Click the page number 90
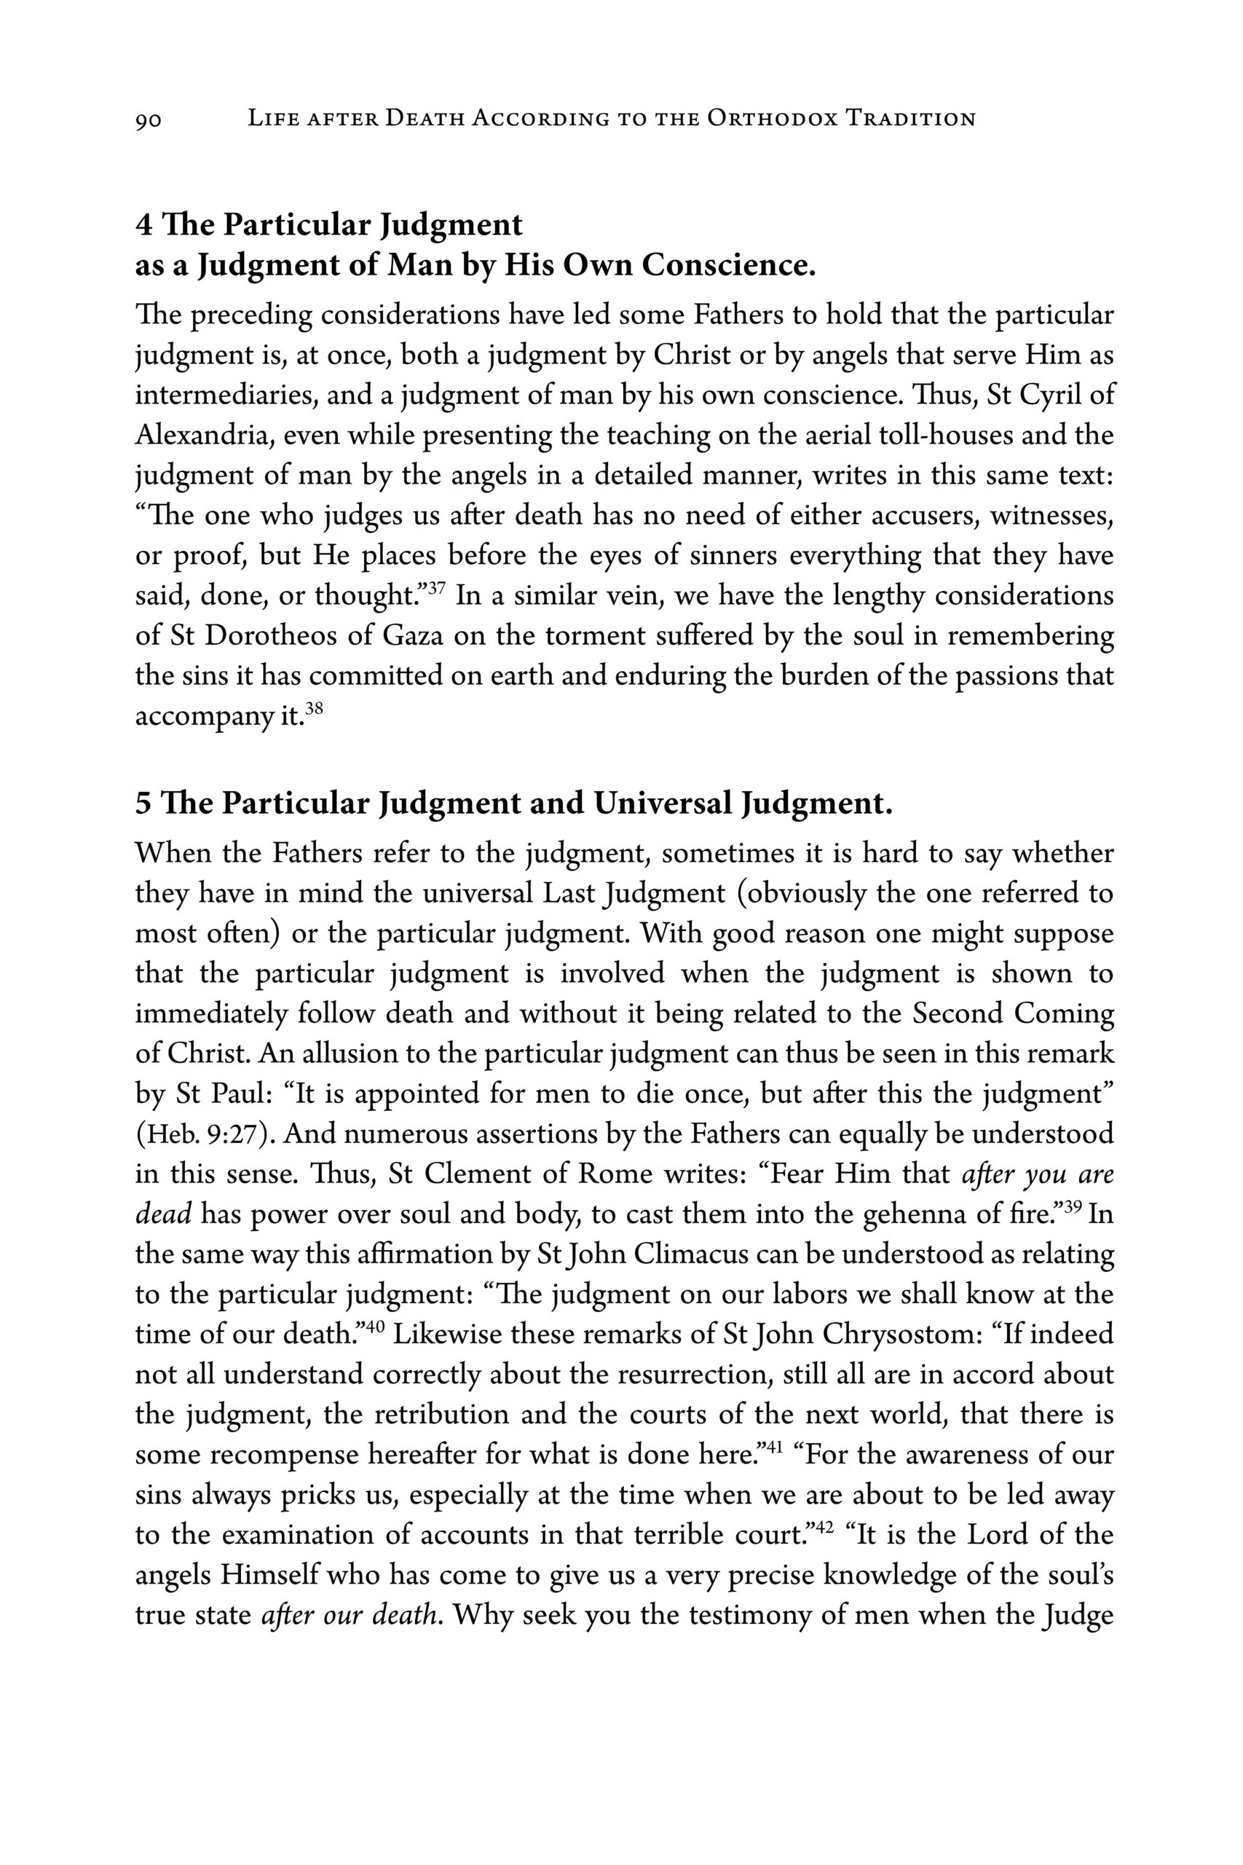(149, 119)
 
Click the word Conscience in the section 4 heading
(727, 266)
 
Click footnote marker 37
(436, 588)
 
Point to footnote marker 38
(314, 707)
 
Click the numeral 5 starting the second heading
(143, 804)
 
